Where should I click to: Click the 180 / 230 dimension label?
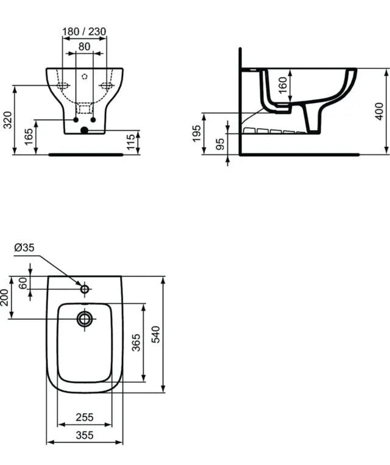pyautogui.click(x=84, y=32)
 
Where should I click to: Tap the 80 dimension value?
pyautogui.click(x=84, y=46)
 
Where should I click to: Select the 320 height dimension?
pyautogui.click(x=8, y=120)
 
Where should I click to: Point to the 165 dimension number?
pyautogui.click(x=29, y=137)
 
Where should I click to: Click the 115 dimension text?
pyautogui.click(x=130, y=142)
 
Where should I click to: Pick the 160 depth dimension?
pyautogui.click(x=283, y=85)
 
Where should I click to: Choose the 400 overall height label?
pyautogui.click(x=379, y=111)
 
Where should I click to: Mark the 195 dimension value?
pyautogui.click(x=197, y=134)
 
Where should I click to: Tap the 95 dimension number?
pyautogui.click(x=220, y=144)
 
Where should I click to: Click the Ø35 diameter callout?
pyautogui.click(x=24, y=247)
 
